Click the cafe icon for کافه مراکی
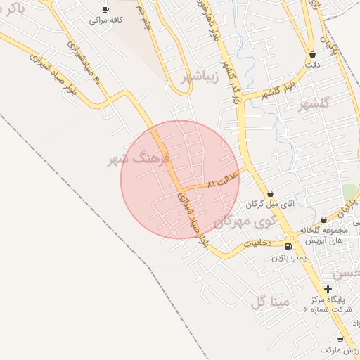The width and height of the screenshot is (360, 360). click(x=105, y=9)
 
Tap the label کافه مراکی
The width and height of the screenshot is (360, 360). click(x=105, y=20)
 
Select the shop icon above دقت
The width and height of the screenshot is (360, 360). click(x=312, y=54)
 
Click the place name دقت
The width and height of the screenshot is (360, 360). click(x=313, y=65)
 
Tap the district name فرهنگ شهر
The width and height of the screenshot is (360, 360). click(x=139, y=159)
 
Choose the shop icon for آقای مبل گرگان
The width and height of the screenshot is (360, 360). click(x=271, y=193)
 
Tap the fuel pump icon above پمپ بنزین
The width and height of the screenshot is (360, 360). click(x=288, y=247)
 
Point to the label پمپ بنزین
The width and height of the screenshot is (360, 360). click(x=288, y=257)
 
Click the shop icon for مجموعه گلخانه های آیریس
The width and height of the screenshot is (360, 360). click(x=323, y=219)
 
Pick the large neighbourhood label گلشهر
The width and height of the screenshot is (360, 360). click(x=314, y=105)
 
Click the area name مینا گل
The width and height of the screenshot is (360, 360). click(x=269, y=303)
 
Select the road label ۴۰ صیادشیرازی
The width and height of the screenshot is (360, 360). click(x=85, y=64)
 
